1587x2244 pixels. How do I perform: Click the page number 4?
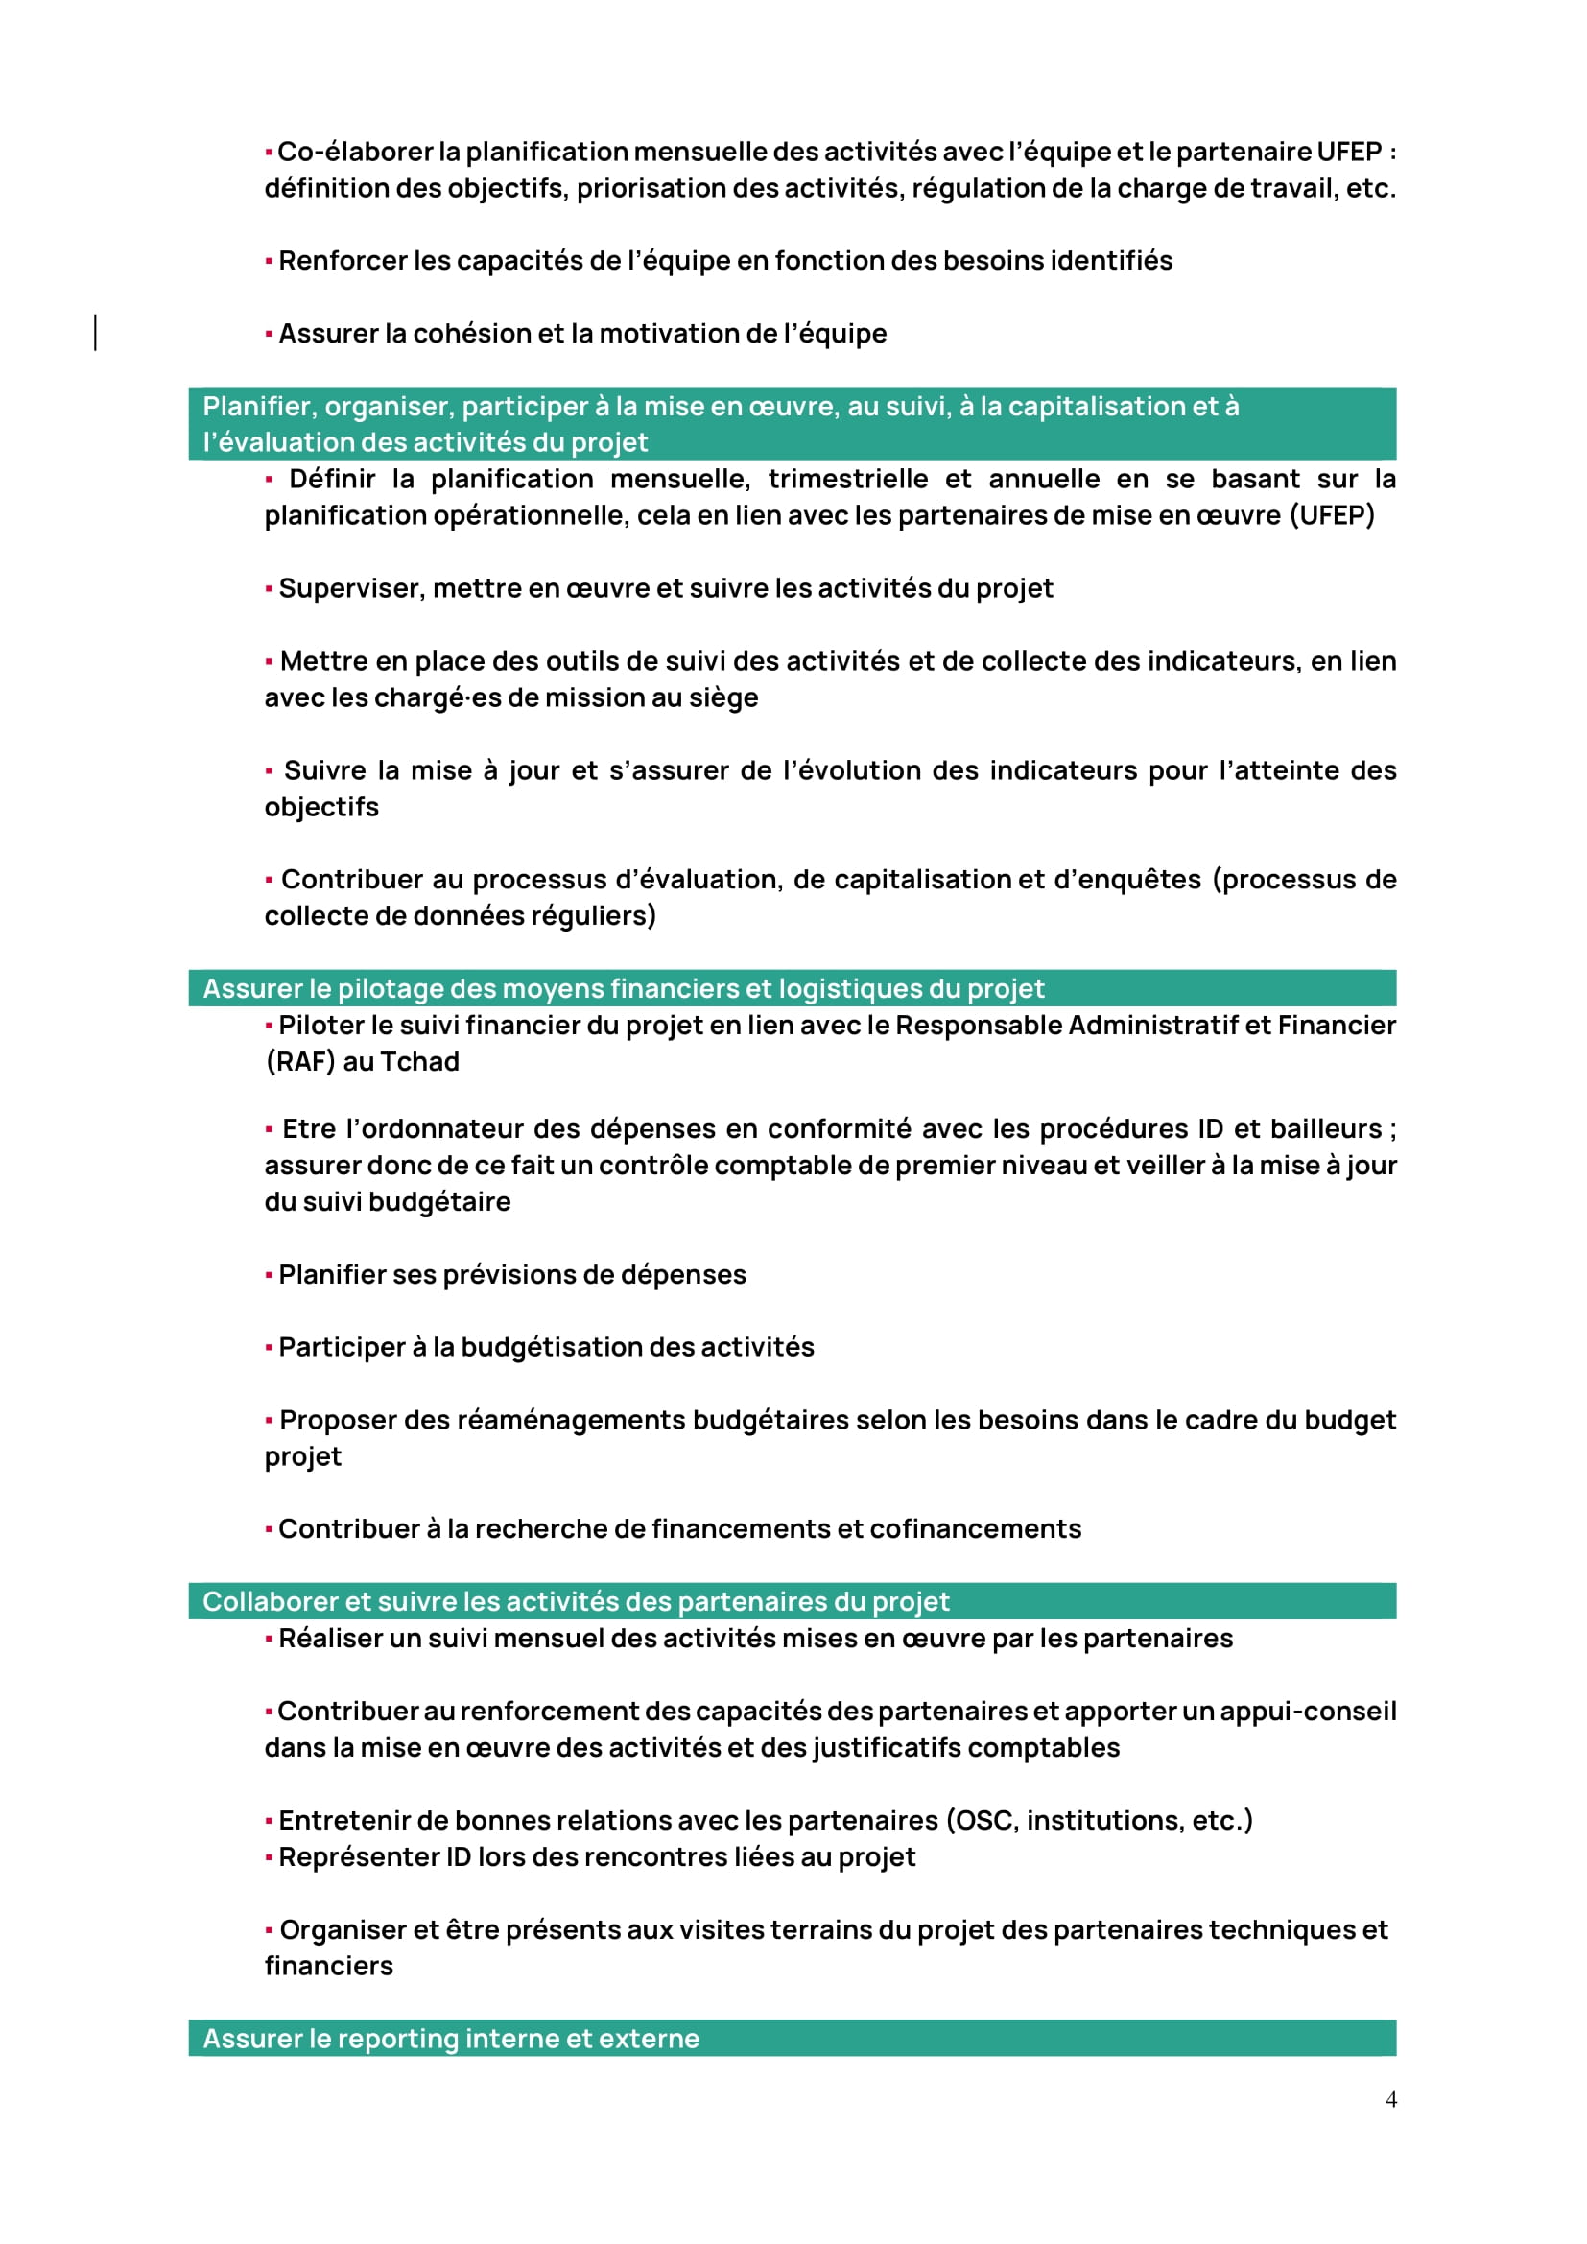point(1390,2099)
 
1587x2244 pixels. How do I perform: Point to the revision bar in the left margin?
point(95,332)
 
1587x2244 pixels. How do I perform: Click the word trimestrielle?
point(847,479)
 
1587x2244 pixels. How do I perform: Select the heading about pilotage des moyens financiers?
point(624,988)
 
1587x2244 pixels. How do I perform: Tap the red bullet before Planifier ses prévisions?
point(269,1274)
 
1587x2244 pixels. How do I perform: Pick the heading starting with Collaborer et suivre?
point(576,1601)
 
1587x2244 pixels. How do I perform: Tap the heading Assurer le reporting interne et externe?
point(451,2038)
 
